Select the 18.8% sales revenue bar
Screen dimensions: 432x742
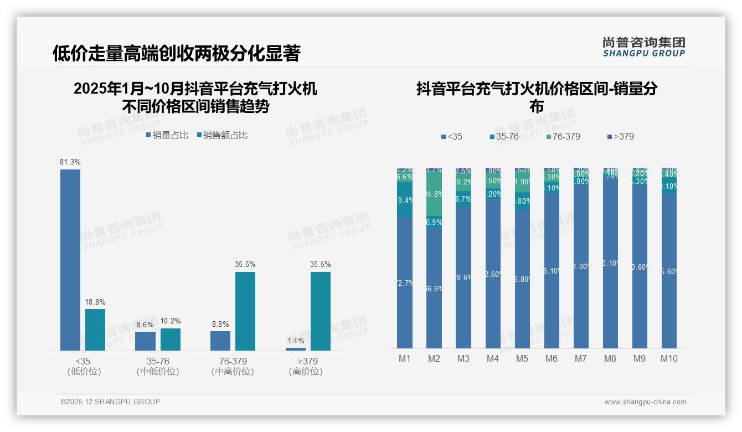pos(95,330)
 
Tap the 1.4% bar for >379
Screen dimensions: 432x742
pos(296,349)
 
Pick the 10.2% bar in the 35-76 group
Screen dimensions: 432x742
pos(171,339)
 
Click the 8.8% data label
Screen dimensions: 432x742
pos(220,325)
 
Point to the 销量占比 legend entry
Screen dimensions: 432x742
pos(167,135)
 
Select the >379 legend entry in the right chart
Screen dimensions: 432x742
pos(620,136)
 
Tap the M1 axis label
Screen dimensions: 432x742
pos(405,358)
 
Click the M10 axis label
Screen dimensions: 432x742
pos(669,358)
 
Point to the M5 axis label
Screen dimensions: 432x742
pos(522,358)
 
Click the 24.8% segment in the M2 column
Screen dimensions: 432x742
pos(434,193)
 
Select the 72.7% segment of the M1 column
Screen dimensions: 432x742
pos(405,282)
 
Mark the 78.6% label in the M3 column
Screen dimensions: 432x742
pos(463,277)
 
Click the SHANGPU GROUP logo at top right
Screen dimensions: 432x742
pos(644,47)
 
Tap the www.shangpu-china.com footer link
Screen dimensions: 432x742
pos(645,402)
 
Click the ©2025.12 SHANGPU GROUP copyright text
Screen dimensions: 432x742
pos(111,402)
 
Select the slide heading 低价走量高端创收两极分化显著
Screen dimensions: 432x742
pos(176,53)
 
